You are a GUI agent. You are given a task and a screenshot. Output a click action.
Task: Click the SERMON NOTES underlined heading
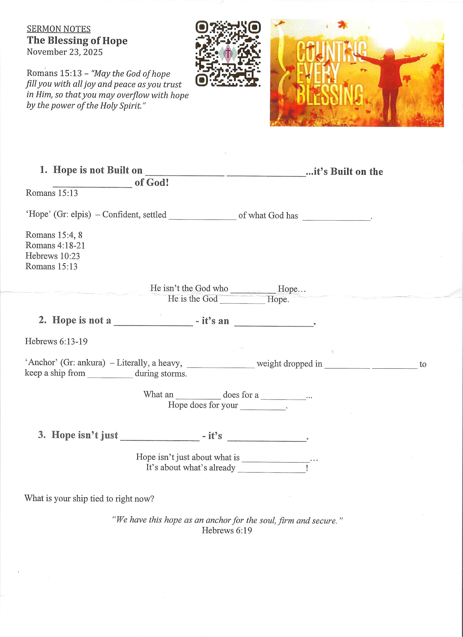(59, 29)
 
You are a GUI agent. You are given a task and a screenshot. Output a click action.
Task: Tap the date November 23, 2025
(65, 52)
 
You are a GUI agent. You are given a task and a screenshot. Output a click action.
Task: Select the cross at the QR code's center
(228, 53)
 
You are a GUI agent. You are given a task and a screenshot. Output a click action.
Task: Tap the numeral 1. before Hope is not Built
(43, 170)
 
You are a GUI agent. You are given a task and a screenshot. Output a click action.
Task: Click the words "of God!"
(152, 183)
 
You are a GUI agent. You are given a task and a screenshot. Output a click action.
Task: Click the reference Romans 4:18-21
(55, 246)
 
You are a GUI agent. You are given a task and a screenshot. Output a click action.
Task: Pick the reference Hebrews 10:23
(53, 256)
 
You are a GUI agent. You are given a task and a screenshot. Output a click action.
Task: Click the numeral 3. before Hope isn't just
(42, 435)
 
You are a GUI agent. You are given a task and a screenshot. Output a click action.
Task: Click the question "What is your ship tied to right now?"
(89, 499)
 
